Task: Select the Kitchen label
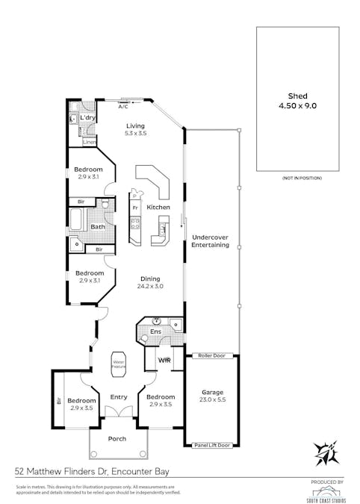[x=158, y=207]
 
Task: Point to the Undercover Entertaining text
[x=210, y=241]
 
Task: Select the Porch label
[x=117, y=439]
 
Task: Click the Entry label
[x=119, y=397]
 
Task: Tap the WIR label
[x=165, y=361]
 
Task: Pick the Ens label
[x=155, y=331]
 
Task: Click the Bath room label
[x=99, y=227]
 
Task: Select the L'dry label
[x=87, y=118]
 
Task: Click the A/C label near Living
[x=123, y=107]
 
